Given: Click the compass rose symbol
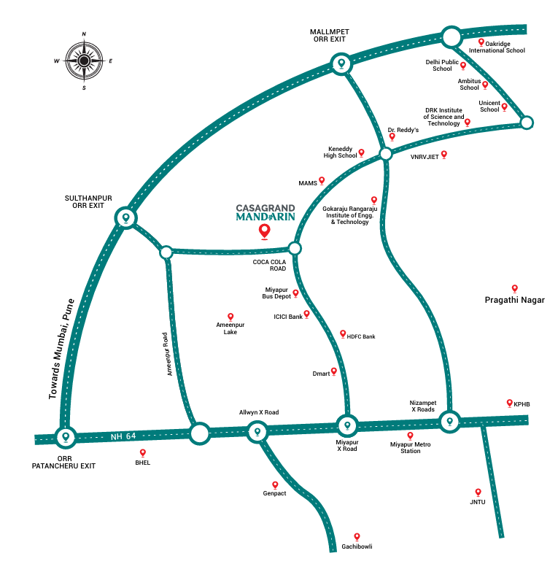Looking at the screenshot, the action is pyautogui.click(x=84, y=61).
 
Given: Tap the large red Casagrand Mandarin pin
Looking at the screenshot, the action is pyautogui.click(x=265, y=231).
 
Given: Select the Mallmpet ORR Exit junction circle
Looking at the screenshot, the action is pyautogui.click(x=341, y=64).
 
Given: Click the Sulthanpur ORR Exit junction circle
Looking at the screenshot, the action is pyautogui.click(x=126, y=218).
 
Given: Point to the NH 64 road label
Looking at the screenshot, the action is pyautogui.click(x=123, y=436).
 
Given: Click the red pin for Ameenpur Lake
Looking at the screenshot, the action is pyautogui.click(x=230, y=317).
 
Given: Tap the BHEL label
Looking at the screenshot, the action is pyautogui.click(x=143, y=463).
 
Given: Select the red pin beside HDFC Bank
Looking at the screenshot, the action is pyautogui.click(x=343, y=334).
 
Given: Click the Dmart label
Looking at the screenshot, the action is pyautogui.click(x=321, y=374).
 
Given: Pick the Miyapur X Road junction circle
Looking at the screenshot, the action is pyautogui.click(x=347, y=425).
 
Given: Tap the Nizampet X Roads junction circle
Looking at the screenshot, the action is pyautogui.click(x=450, y=421).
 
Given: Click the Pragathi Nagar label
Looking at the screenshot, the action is pyautogui.click(x=514, y=300).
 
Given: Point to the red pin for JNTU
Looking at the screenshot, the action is pyautogui.click(x=478, y=492).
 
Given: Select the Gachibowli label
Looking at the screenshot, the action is pyautogui.click(x=357, y=546).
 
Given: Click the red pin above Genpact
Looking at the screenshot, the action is pyautogui.click(x=275, y=485).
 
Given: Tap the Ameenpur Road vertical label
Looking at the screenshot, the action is pyautogui.click(x=167, y=354).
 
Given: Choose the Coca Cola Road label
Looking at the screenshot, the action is pyautogui.click(x=269, y=265).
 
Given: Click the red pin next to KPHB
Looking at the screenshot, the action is pyautogui.click(x=509, y=403).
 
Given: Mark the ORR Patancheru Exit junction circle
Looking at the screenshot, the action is pyautogui.click(x=66, y=437).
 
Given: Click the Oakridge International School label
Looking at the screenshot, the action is pyautogui.click(x=497, y=47).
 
